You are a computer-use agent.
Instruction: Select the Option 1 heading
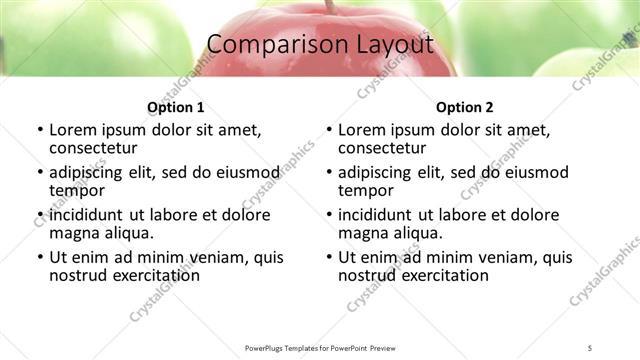click(175, 108)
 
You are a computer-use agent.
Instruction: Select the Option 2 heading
click(464, 108)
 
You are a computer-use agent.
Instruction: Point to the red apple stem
click(328, 6)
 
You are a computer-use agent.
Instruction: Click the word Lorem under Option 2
click(362, 130)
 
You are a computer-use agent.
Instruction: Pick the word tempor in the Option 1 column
click(77, 191)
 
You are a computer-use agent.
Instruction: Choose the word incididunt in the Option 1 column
click(87, 215)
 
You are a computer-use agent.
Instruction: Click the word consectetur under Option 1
click(96, 149)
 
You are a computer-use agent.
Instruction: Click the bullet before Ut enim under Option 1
click(39, 257)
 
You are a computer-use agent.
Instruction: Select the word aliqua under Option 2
click(417, 233)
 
